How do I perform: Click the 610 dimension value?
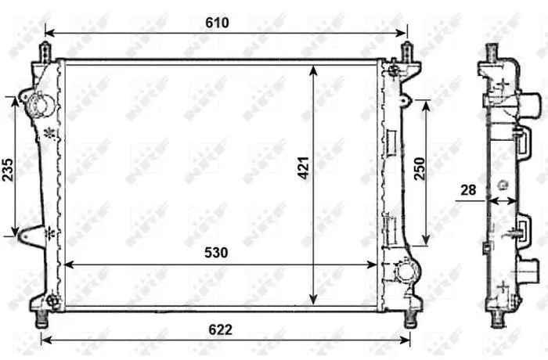pyautogui.click(x=217, y=23)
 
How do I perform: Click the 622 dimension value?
pyautogui.click(x=220, y=329)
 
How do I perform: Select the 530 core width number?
pyautogui.click(x=216, y=252)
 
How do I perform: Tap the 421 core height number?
pyautogui.click(x=304, y=168)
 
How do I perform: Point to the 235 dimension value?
pyautogui.click(x=8, y=170)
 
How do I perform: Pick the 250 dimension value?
pyautogui.click(x=420, y=169)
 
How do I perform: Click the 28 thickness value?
pyautogui.click(x=468, y=190)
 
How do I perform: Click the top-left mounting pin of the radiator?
pyautogui.click(x=45, y=52)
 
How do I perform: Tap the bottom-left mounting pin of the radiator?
pyautogui.click(x=42, y=319)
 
